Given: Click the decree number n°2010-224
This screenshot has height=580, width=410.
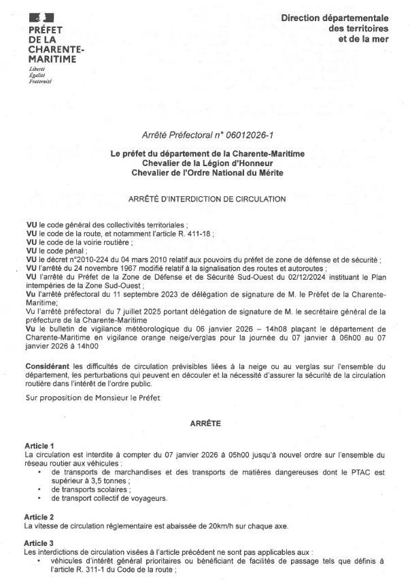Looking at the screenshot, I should tap(84, 259).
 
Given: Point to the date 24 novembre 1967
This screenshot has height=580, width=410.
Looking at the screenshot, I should tap(90, 268).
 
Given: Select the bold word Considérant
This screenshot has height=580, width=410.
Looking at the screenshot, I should tap(48, 367).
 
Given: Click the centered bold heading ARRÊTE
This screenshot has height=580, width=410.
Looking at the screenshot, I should tap(206, 423).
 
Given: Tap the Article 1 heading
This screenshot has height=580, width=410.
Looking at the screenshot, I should tap(39, 445).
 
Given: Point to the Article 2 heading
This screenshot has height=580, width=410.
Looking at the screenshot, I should tap(39, 517).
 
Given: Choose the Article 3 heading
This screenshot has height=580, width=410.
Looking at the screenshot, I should tap(39, 543).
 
